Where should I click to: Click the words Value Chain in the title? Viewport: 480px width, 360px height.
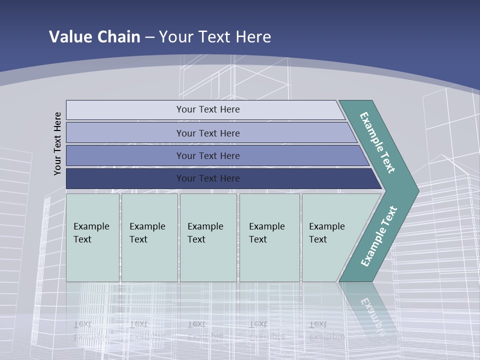point(94,37)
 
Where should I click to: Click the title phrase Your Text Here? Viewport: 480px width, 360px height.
point(215,37)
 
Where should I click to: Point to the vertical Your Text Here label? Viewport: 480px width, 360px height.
point(57,143)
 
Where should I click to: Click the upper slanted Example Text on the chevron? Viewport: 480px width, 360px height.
point(377,142)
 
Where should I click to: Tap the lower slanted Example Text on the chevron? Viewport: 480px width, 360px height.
point(379,236)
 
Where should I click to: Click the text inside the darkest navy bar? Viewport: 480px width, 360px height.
point(208,178)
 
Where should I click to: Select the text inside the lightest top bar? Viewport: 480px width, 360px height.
point(208,109)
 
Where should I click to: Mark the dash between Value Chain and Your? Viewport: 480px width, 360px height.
point(149,37)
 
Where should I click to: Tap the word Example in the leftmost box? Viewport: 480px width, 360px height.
point(91,226)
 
